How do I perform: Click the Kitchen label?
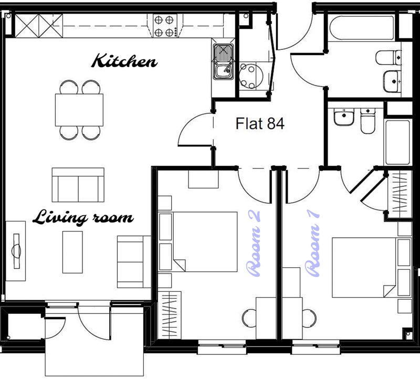tap(124, 61)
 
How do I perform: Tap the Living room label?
tap(83, 217)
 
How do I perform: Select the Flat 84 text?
tap(260, 123)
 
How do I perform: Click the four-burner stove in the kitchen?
tap(165, 26)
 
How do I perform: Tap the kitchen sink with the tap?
tap(223, 61)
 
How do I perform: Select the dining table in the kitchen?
tap(79, 110)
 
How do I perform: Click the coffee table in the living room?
tap(72, 252)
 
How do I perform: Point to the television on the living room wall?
tap(16, 251)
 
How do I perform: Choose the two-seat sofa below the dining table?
tap(78, 185)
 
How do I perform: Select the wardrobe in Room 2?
tap(170, 315)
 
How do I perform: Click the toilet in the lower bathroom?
tap(368, 121)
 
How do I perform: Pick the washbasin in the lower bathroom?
tap(344, 117)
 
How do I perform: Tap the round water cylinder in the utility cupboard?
tap(251, 76)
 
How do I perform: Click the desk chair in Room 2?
tap(249, 318)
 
